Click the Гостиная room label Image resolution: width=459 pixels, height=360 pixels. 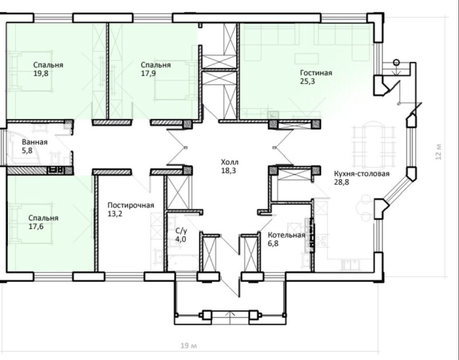(x=316, y=73)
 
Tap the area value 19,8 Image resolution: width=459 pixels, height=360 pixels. (x=41, y=73)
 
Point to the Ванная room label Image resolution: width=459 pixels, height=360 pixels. (x=34, y=142)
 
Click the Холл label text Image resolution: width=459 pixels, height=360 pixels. (x=229, y=162)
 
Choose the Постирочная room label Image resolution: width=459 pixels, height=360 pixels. (x=131, y=205)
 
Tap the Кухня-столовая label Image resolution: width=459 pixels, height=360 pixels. (x=362, y=173)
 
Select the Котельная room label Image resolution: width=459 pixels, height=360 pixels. (x=286, y=235)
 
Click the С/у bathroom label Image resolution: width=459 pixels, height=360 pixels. (x=181, y=230)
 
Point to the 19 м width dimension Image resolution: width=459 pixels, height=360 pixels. (x=189, y=346)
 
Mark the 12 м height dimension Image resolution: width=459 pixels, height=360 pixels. (x=438, y=152)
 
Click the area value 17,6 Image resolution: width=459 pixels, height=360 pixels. (x=36, y=226)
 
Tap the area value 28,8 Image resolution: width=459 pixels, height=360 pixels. (x=341, y=182)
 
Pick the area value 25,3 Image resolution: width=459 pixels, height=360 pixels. (x=307, y=81)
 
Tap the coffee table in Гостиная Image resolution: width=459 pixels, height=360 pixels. (x=307, y=58)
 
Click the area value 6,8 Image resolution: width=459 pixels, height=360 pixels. (x=273, y=243)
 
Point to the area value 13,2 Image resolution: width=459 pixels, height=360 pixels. (x=115, y=214)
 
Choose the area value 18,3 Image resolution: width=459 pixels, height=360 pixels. (x=228, y=170)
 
